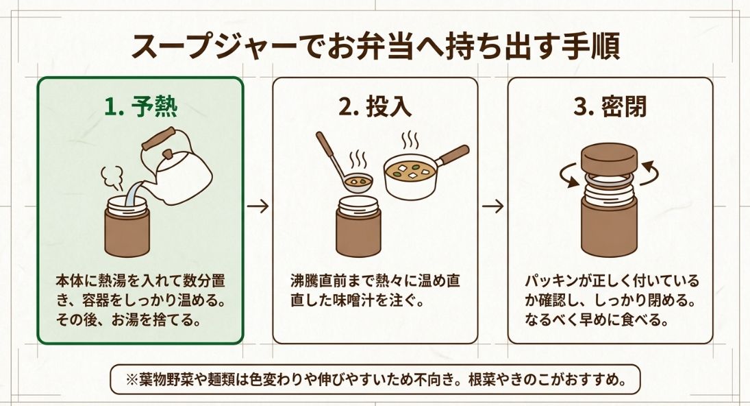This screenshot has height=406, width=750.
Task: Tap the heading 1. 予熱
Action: tap(140, 108)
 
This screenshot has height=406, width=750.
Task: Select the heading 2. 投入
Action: tap(375, 108)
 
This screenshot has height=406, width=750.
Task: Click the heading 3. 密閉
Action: tap(610, 108)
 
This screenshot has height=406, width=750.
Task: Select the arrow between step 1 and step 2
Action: tap(258, 206)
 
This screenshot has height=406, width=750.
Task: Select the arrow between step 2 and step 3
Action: tap(492, 206)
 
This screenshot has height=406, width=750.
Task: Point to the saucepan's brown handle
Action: tap(453, 154)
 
